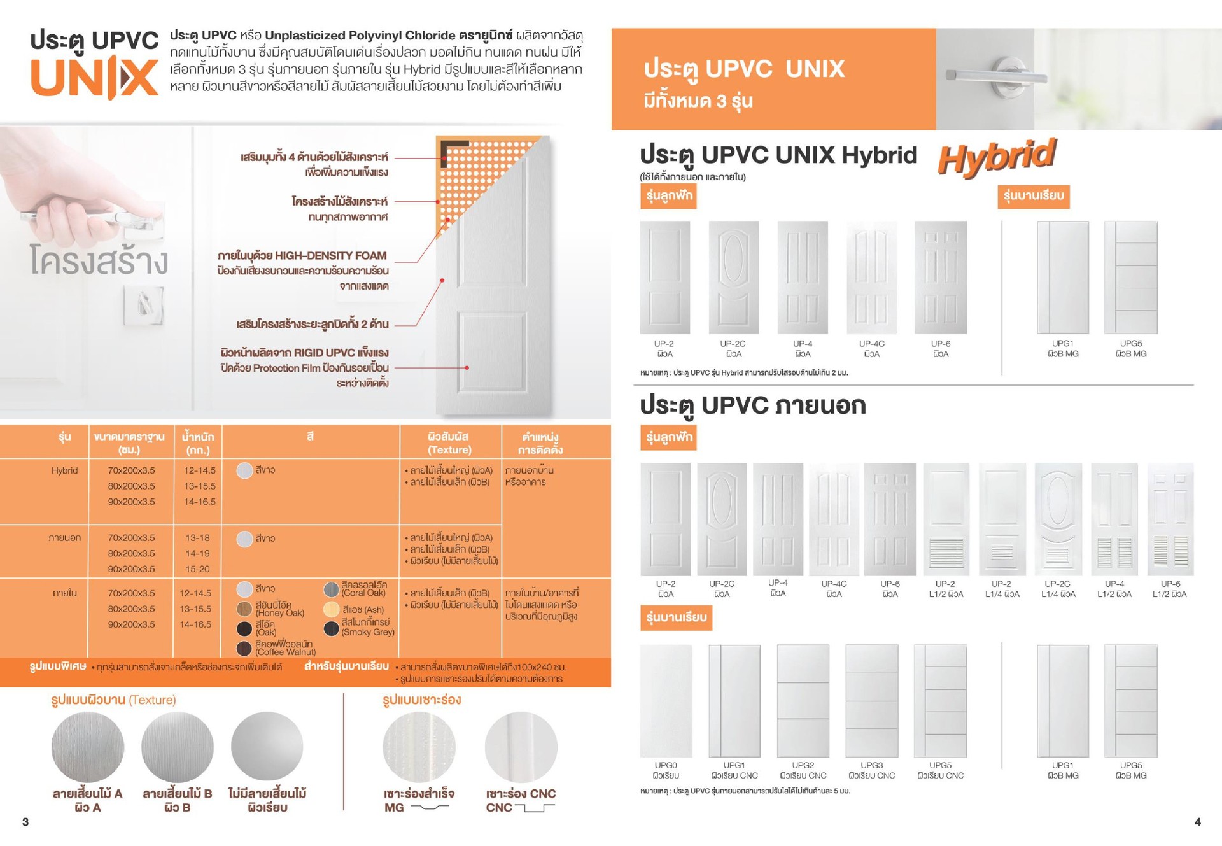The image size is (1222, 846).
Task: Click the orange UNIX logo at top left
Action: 94,78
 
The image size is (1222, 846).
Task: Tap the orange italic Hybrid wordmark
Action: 996,157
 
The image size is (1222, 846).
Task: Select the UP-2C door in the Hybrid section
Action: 733,277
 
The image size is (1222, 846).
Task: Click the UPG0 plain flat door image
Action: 666,700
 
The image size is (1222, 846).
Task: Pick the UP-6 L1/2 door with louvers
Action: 1170,519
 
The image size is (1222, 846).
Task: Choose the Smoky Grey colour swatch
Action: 331,628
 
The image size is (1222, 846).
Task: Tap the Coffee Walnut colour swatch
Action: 244,648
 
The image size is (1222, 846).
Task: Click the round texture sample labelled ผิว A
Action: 87,747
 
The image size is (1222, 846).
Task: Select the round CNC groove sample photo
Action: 521,747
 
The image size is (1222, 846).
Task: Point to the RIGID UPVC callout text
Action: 304,353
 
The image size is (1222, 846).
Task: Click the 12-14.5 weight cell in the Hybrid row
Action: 199,470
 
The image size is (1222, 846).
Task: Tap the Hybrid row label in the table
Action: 64,470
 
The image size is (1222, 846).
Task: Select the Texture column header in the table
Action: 449,443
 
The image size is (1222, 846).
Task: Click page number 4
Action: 1197,822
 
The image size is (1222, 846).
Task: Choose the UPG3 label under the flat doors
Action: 871,765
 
